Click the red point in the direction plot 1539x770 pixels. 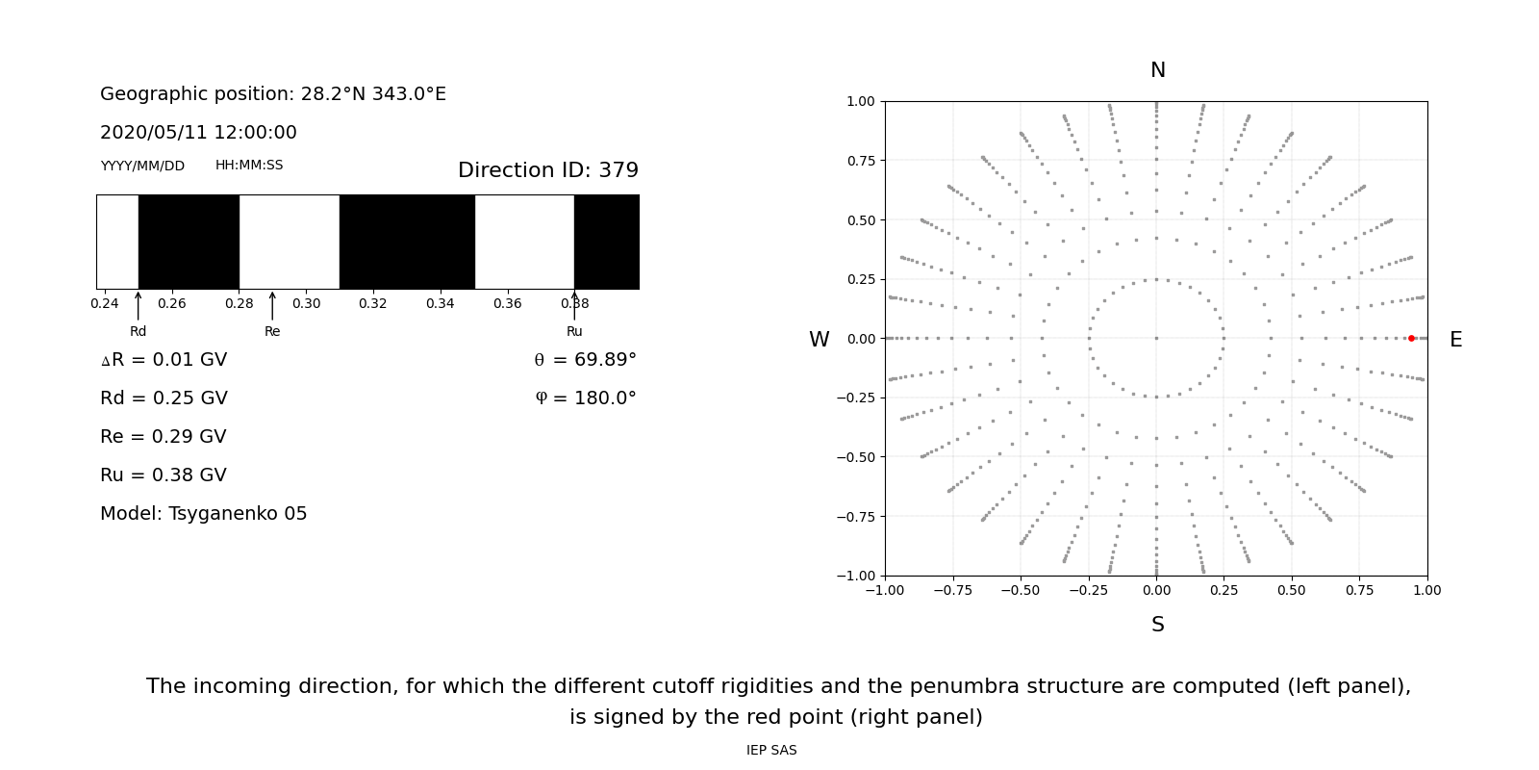point(1411,338)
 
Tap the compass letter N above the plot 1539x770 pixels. point(1157,70)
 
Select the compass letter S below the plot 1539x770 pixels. point(1157,625)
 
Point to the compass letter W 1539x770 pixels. point(819,340)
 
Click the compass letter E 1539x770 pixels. point(1455,340)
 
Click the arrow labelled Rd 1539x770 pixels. point(139,306)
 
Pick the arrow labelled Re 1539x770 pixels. point(272,306)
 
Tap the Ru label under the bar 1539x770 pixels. point(574,331)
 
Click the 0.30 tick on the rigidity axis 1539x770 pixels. point(306,304)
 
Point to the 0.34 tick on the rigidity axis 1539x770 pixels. point(440,304)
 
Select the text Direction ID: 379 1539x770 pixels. point(547,170)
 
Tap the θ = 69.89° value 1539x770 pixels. point(585,360)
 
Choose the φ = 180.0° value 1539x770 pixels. point(585,398)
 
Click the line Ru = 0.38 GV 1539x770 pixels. point(164,475)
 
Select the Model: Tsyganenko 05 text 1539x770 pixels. point(204,514)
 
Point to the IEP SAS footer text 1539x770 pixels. point(771,750)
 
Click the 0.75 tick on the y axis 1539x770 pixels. point(860,161)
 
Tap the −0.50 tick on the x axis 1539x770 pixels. point(1021,590)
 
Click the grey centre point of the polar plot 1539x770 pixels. point(1156,338)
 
